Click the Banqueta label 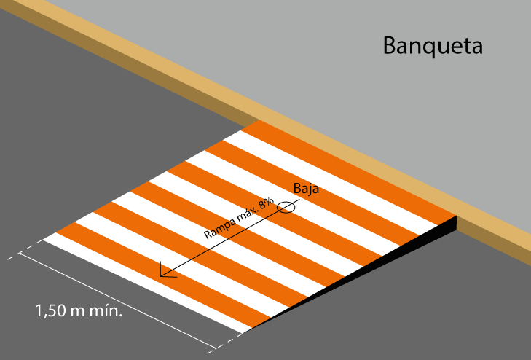coord(433,47)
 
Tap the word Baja coord(306,189)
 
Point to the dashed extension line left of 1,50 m coord(21,254)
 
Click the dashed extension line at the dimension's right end coord(229,341)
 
